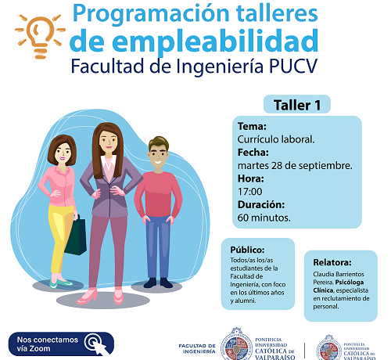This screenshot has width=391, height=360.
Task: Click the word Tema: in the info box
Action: click(252, 126)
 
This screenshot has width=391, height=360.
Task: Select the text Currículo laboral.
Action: click(276, 139)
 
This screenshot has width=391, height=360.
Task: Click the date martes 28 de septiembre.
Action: click(294, 165)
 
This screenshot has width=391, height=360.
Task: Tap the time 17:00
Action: click(250, 191)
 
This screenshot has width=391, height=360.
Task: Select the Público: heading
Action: click(246, 250)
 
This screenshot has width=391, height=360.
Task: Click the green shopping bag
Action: click(75, 236)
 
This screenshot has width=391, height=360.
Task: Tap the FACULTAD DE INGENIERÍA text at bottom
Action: click(197, 347)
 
